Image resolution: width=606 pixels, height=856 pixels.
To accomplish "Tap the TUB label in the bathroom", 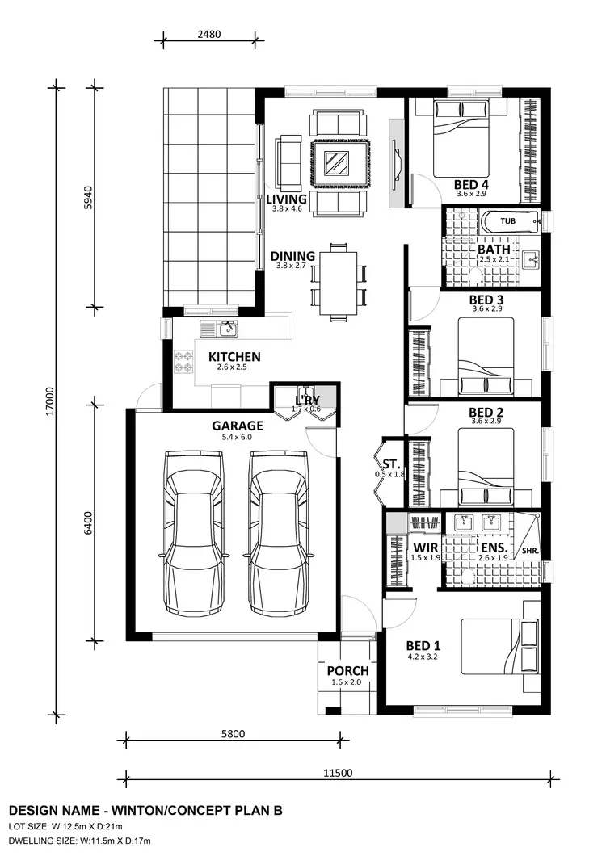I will click(x=507, y=220).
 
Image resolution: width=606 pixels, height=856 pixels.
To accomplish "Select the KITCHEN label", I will click(x=234, y=357).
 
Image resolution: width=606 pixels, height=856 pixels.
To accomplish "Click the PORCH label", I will click(x=347, y=671).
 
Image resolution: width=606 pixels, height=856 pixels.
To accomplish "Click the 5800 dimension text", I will click(x=232, y=734).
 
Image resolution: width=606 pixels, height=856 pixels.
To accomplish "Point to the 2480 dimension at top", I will click(x=208, y=35).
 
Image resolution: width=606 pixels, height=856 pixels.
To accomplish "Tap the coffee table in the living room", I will click(x=335, y=164).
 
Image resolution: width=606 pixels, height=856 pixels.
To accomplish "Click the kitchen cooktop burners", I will click(x=183, y=363).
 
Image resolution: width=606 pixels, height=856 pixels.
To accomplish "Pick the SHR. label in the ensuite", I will click(x=531, y=552).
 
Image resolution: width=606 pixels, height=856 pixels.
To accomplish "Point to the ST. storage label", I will click(x=391, y=464).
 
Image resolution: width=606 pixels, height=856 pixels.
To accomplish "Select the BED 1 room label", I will click(x=423, y=646).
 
